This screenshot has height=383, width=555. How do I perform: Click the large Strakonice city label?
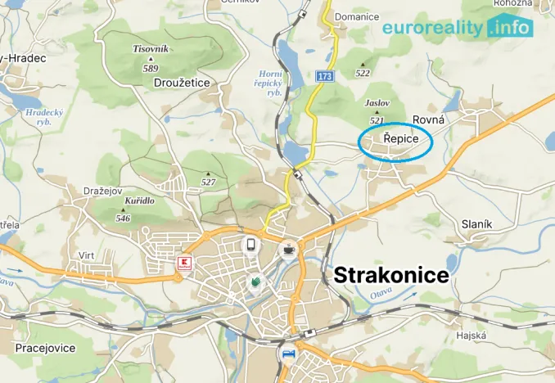[391, 275]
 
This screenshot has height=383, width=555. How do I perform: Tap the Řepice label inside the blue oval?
[395, 141]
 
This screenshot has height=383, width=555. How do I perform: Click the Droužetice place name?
[182, 83]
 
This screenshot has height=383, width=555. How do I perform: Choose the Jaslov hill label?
[377, 103]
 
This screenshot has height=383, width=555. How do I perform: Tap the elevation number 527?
[208, 182]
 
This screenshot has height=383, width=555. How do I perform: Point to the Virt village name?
[86, 255]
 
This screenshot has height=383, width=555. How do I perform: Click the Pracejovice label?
[45, 349]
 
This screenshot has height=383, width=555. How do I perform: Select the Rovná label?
[429, 119]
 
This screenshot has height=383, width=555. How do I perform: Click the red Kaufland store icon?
[184, 264]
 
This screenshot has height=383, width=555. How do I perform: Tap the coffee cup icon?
[288, 250]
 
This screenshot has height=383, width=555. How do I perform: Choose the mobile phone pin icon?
[251, 244]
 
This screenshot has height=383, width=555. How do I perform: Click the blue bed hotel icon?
[287, 355]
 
